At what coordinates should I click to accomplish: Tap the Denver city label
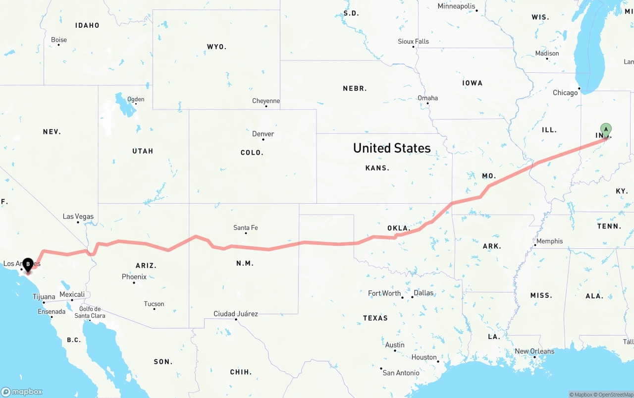point(263,134)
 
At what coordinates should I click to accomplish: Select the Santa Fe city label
point(246,228)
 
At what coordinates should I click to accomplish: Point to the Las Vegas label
point(78,217)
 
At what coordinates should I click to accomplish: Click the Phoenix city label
point(134,277)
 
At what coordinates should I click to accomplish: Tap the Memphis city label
point(549,241)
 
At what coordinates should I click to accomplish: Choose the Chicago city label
point(565,93)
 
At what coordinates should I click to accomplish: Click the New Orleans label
point(535,351)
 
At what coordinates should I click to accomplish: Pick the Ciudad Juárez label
point(236,314)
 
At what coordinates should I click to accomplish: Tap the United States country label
point(392,148)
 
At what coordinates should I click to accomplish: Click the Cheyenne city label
point(266,101)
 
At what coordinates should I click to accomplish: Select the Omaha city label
point(428,98)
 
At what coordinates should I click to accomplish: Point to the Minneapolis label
point(456,6)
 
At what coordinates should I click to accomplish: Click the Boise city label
point(59,40)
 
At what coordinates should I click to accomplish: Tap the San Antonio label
point(401,373)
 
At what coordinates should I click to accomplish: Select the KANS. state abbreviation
point(377,168)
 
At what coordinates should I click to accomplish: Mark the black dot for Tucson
point(154,309)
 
